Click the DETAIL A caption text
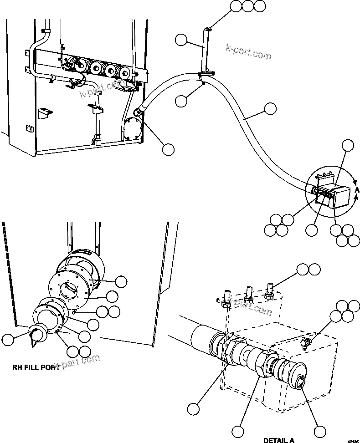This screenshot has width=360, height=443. click(278, 440)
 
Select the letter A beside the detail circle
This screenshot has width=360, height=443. click(357, 190)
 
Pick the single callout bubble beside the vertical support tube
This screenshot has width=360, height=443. click(181, 41)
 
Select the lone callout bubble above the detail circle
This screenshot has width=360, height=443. click(348, 145)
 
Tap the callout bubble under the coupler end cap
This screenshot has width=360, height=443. click(320, 431)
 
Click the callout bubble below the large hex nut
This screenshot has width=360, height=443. click(238, 430)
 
